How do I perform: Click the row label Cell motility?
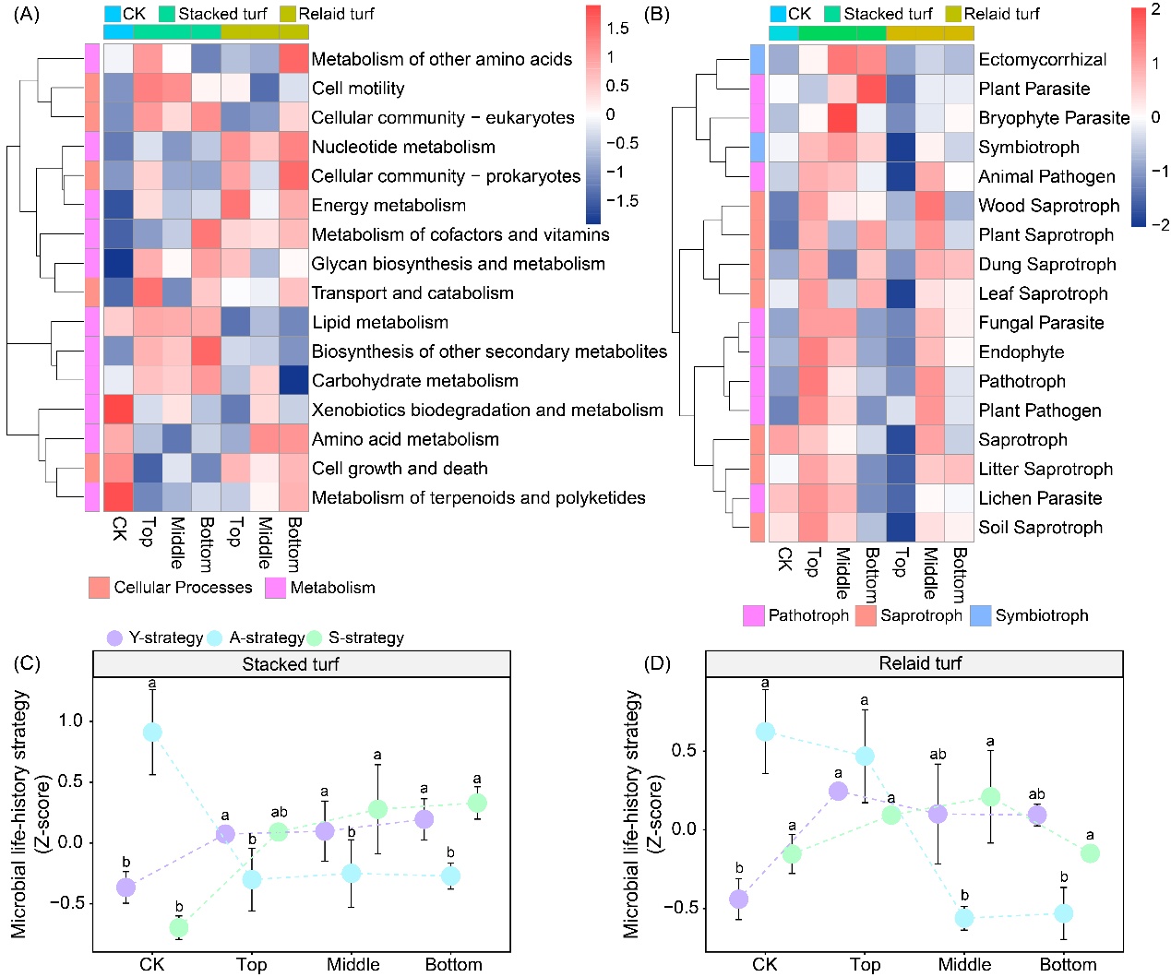point(358,89)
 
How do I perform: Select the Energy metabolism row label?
point(388,205)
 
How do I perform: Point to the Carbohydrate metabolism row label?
point(414,380)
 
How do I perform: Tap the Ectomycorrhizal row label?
point(1043,60)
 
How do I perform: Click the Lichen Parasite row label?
point(1040,498)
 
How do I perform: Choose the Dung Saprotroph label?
point(1047,265)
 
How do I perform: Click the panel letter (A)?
point(23,15)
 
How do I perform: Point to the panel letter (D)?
point(656,663)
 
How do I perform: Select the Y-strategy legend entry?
point(154,637)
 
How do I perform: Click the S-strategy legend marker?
point(315,637)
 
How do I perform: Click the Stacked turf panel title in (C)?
point(291,664)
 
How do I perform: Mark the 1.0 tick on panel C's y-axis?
point(71,721)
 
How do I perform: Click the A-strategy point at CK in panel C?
point(152,733)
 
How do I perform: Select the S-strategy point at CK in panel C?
point(179,926)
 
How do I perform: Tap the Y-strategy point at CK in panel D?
point(738,899)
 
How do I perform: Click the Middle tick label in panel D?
point(964,964)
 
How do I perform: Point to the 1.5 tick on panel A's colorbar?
point(617,29)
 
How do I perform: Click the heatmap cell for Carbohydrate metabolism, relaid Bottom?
point(293,380)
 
